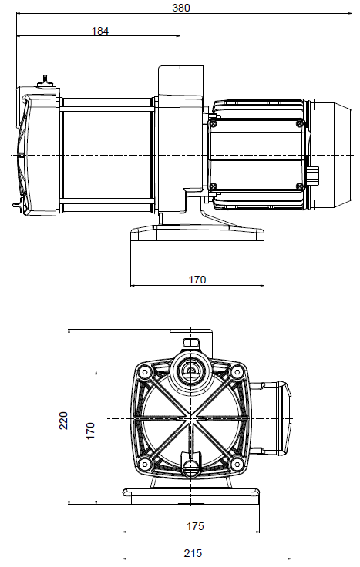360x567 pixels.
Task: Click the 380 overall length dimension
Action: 181,8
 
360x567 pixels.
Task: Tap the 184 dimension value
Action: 100,31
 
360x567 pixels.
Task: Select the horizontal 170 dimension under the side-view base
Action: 197,280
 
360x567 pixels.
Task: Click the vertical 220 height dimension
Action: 64,420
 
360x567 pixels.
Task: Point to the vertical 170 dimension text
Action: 90,431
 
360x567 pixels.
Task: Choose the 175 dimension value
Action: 195,526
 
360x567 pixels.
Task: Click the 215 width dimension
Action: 193,553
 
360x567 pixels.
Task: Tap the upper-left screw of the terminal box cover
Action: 214,124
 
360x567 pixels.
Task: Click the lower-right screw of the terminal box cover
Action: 300,186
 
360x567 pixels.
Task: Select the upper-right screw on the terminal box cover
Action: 300,124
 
